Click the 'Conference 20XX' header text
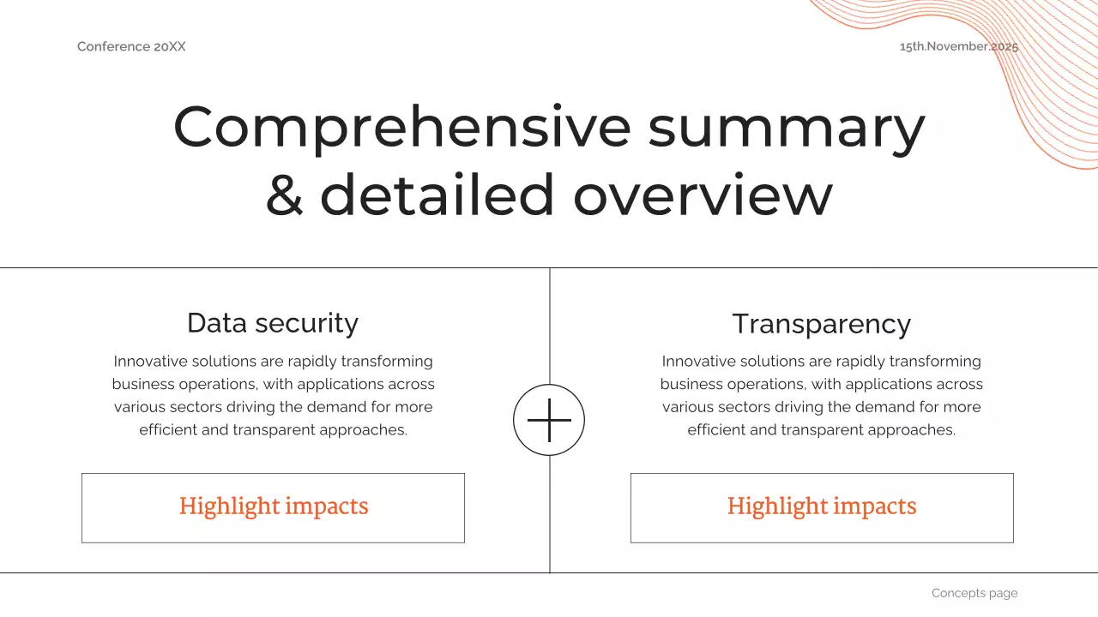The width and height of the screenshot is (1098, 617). [131, 46]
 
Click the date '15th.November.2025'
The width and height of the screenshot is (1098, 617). [958, 46]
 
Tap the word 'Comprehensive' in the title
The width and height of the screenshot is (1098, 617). [401, 127]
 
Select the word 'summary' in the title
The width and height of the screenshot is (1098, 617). [787, 127]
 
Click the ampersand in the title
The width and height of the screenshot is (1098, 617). [284, 195]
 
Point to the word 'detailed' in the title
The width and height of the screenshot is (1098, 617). [437, 195]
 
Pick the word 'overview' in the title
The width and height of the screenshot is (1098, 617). [703, 195]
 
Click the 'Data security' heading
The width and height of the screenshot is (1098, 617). [273, 323]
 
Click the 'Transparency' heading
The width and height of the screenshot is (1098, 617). [821, 324]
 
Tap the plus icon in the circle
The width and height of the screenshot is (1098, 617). [549, 420]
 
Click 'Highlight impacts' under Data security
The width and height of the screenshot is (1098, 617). [274, 506]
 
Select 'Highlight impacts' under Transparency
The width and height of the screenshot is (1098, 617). [822, 506]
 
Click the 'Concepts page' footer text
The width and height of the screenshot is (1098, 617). [974, 593]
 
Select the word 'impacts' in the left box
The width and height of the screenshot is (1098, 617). [327, 506]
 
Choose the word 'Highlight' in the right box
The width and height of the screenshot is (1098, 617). [767, 506]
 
